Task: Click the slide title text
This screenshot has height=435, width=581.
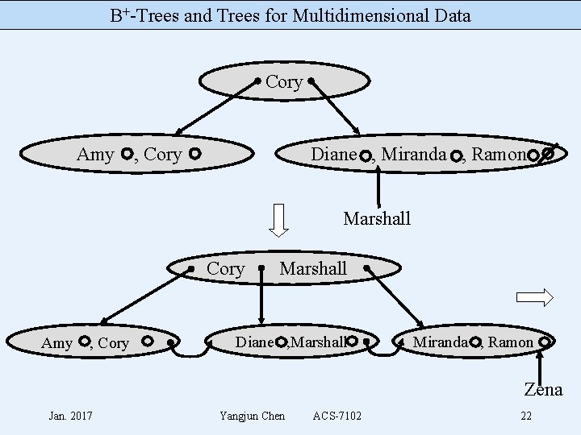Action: tap(290, 15)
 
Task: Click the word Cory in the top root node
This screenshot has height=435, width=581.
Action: tap(284, 82)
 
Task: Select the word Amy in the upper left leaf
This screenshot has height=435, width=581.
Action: tap(95, 155)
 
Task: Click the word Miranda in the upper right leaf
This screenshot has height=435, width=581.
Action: tap(413, 154)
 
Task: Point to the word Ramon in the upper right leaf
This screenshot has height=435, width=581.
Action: tap(498, 154)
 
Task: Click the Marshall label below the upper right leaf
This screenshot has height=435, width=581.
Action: tap(377, 218)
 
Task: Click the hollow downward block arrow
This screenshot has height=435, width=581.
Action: tap(278, 220)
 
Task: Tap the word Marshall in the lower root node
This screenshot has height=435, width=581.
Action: tap(313, 268)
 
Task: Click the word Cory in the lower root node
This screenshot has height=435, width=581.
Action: tap(226, 268)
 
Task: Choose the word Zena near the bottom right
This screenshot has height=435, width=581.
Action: tap(543, 390)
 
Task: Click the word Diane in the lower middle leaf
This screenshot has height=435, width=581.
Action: tap(254, 342)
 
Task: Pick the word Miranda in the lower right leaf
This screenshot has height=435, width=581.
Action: tap(440, 342)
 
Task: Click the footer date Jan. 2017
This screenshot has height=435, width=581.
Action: tap(70, 416)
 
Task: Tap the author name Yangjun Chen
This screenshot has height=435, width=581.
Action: tap(252, 416)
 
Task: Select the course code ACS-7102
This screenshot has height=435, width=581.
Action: tap(337, 416)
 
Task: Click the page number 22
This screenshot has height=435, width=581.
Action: tap(526, 416)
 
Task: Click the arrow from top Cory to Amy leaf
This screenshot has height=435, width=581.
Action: tap(213, 106)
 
